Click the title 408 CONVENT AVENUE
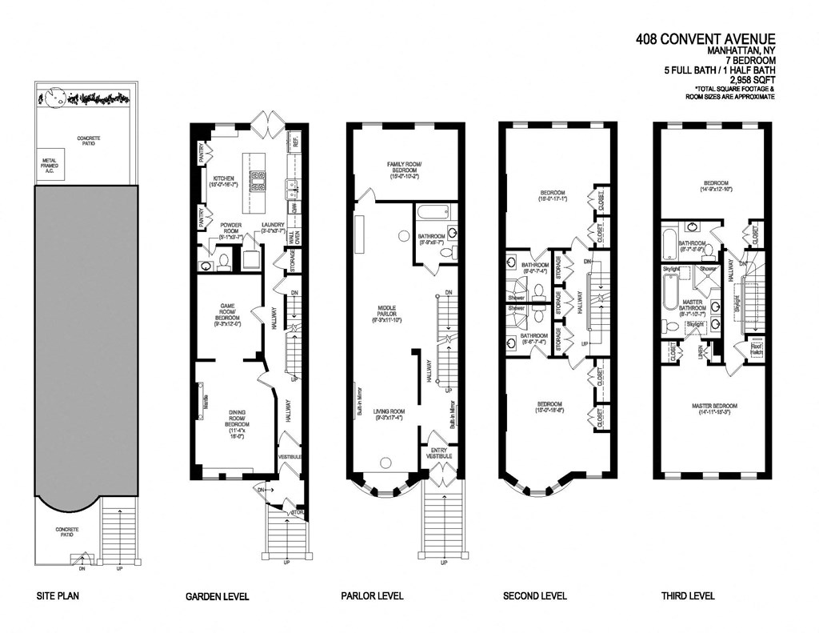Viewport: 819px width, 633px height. (705, 38)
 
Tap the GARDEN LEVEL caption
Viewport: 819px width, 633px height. (217, 596)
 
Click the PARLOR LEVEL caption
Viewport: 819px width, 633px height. (372, 596)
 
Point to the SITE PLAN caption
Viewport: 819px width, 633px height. (58, 596)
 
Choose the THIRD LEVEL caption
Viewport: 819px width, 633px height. (688, 596)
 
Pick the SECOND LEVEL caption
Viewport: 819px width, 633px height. (535, 596)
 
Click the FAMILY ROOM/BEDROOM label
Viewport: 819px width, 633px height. (404, 168)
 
